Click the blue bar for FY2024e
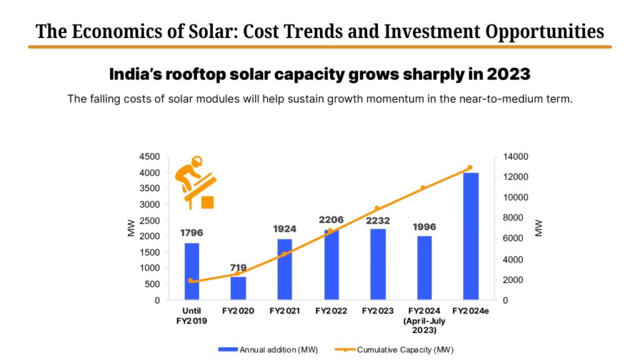pos(471,236)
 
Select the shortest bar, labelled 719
pos(238,288)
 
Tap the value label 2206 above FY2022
pos(331,220)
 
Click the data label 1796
pos(191,232)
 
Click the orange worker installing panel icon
pos(195,182)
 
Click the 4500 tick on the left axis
pos(149,156)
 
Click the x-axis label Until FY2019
pos(191,315)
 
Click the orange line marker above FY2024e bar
pos(470,167)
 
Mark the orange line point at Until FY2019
pos(191,281)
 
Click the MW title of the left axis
pos(131,228)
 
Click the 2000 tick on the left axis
pos(149,236)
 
